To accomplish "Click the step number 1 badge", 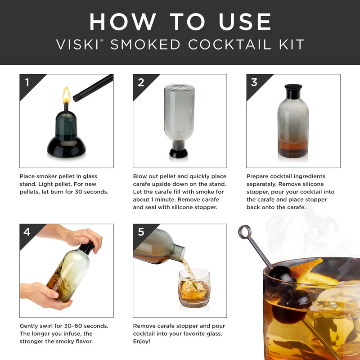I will (x=27, y=82).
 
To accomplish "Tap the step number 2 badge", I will (x=141, y=82).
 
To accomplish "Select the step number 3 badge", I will (x=254, y=82).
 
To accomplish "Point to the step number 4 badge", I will (x=27, y=232).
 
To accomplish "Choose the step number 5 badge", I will (x=141, y=232).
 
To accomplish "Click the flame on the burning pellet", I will (x=66, y=95).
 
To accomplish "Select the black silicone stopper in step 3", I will (x=293, y=90).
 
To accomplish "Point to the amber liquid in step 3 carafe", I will (x=293, y=148).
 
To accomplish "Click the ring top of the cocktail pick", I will (x=245, y=232).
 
